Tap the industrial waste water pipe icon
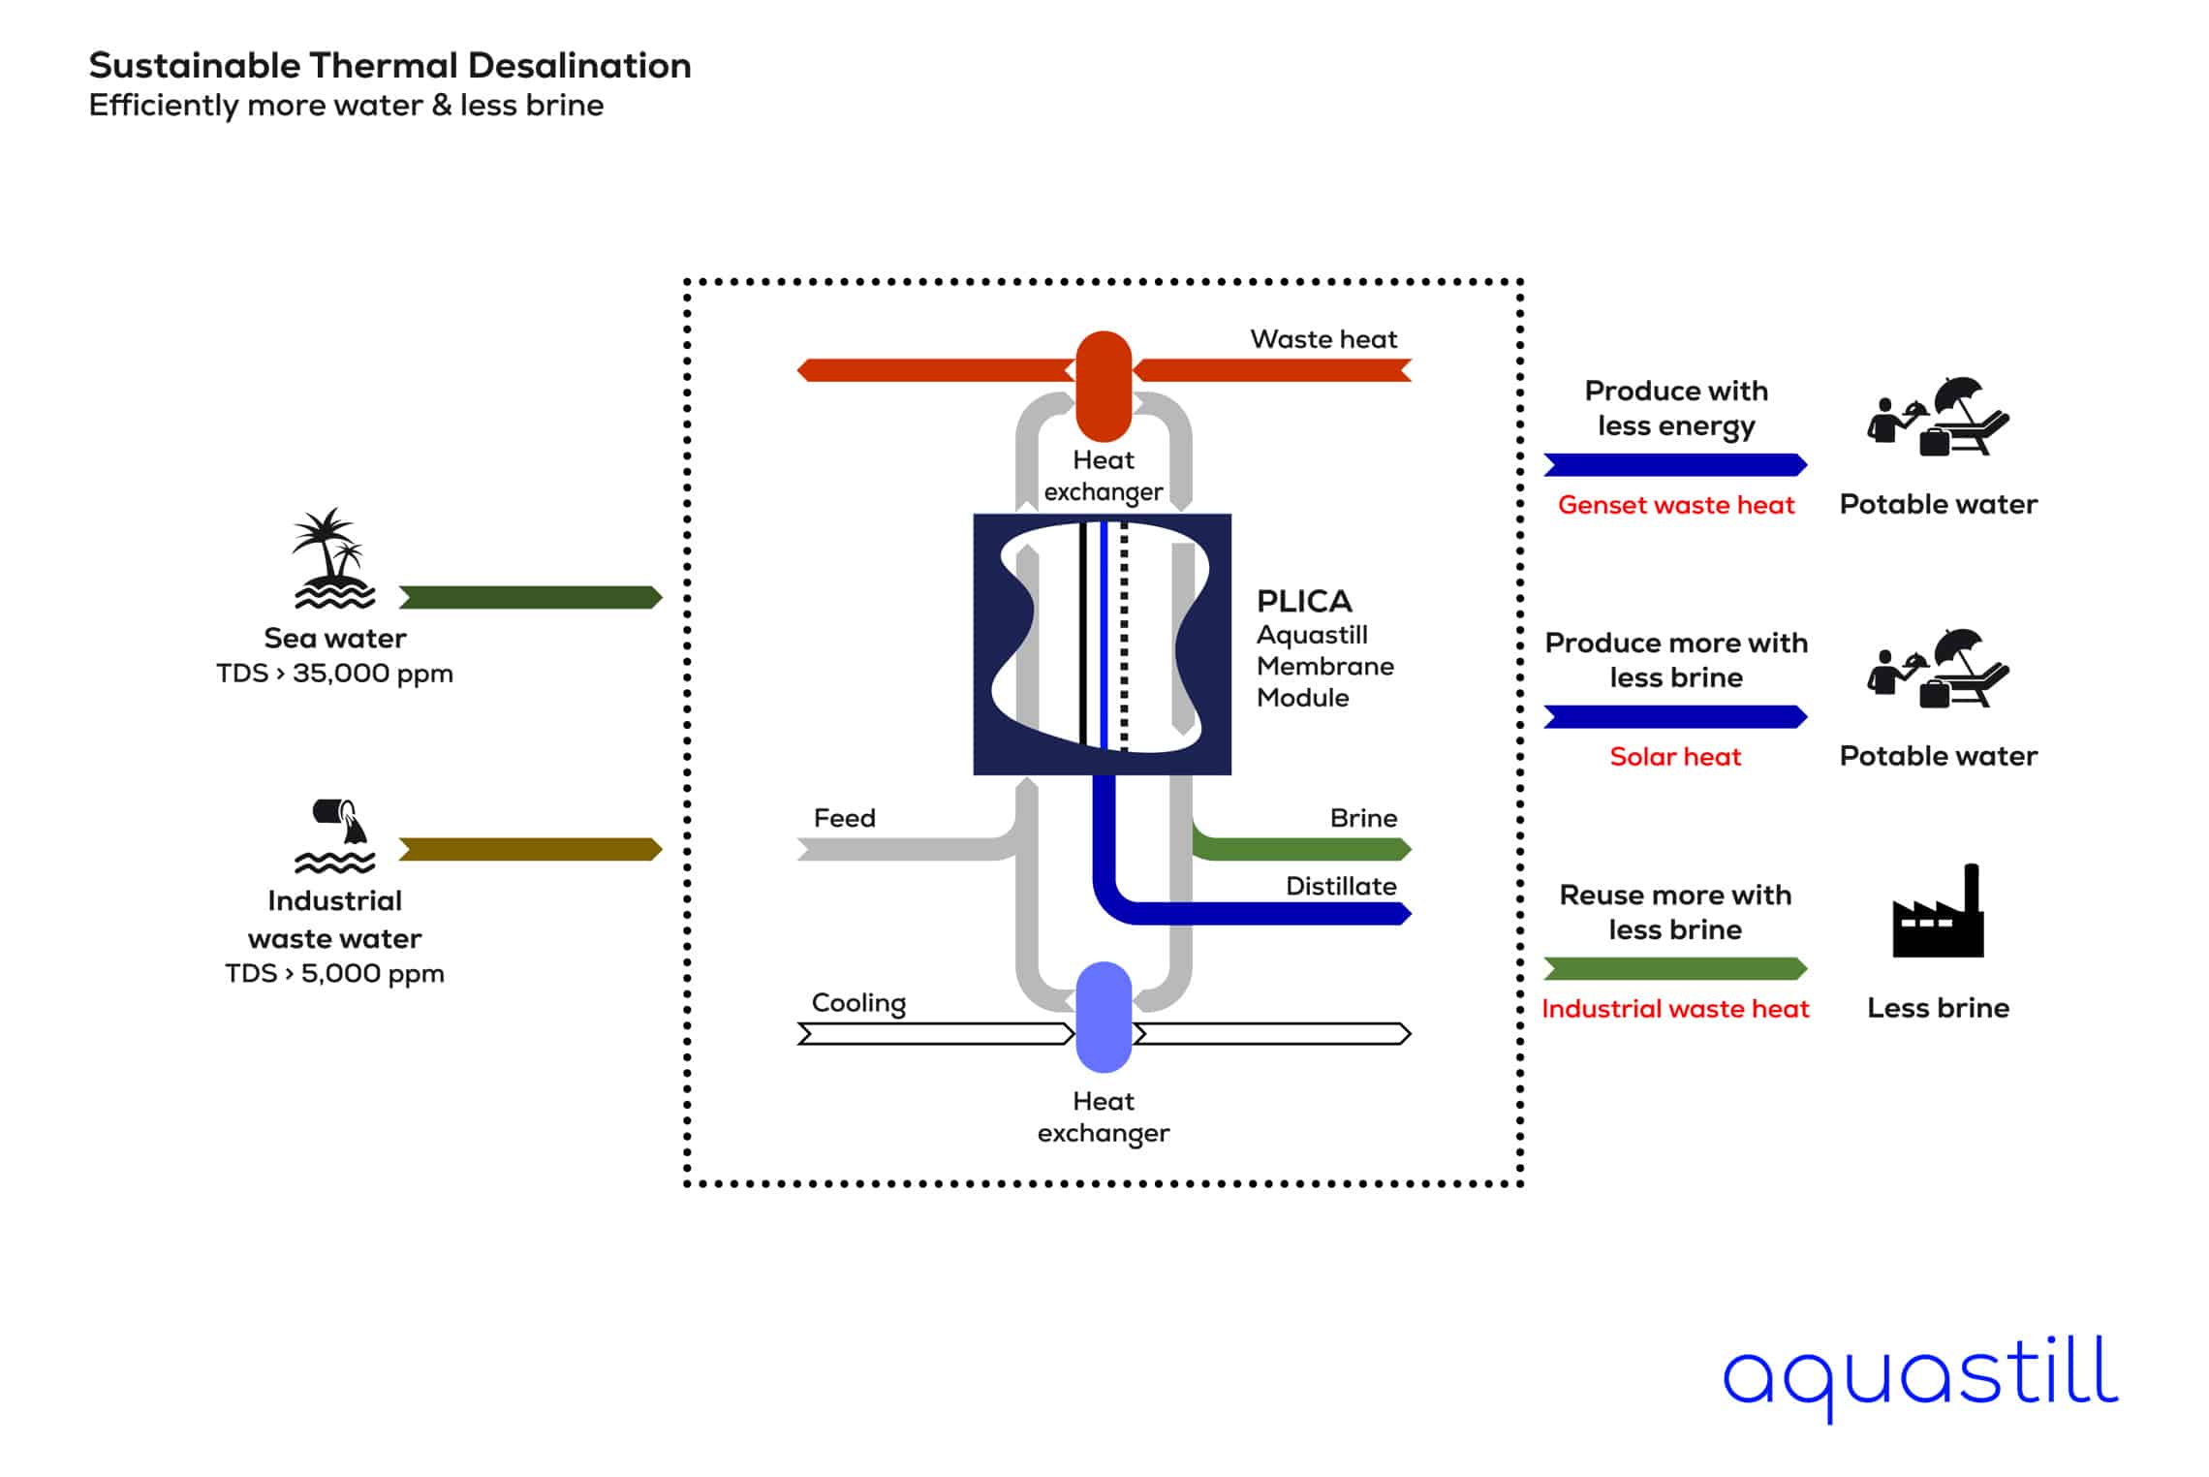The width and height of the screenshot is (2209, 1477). click(x=335, y=835)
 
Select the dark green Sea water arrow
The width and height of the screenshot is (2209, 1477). click(x=530, y=597)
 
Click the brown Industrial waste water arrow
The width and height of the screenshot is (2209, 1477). click(x=530, y=850)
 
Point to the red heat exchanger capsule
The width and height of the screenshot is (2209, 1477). click(x=1104, y=386)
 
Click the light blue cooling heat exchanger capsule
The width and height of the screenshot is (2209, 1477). click(x=1104, y=1017)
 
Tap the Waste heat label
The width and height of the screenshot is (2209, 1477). click(x=1323, y=339)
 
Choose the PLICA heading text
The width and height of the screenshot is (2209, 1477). click(x=1304, y=602)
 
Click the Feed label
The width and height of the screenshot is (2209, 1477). click(x=844, y=818)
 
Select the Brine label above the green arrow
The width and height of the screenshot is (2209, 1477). click(x=1363, y=818)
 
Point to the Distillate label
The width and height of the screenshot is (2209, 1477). click(x=1341, y=886)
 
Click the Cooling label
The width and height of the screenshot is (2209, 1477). click(x=858, y=1003)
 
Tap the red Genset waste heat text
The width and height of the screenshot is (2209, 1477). click(x=1676, y=505)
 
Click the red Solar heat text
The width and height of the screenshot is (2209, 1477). click(x=1675, y=757)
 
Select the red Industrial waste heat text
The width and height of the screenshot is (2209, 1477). click(x=1675, y=1009)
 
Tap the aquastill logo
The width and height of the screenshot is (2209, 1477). click(x=1920, y=1375)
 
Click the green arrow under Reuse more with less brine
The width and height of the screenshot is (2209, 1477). click(x=1675, y=969)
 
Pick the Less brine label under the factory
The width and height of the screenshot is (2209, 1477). click(x=1938, y=1008)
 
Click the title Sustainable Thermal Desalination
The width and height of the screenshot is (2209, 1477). click(x=389, y=66)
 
